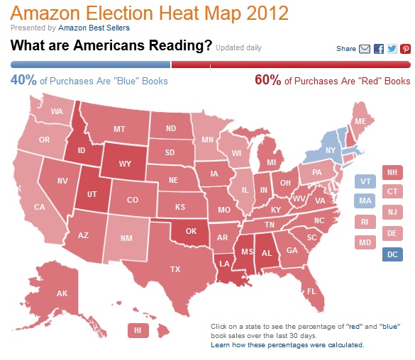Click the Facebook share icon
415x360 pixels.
tap(379, 49)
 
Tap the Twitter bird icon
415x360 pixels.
tap(392, 49)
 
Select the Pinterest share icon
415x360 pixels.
tap(405, 49)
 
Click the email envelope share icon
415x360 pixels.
tap(365, 49)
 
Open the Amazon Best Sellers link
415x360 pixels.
tap(94, 28)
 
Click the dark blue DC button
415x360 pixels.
tap(392, 254)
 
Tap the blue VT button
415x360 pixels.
tap(365, 181)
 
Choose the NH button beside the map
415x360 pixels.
tap(392, 172)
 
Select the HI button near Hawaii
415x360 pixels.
tap(138, 330)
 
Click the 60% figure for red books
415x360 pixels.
tap(267, 80)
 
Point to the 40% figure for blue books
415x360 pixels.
tap(23, 80)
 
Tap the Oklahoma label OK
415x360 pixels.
tap(191, 231)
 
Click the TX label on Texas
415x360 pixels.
tap(175, 269)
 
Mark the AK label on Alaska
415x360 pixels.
tap(62, 293)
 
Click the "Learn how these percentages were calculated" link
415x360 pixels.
tap(287, 345)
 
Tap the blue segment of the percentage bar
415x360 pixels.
tap(91, 64)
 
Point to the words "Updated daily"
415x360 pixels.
tap(239, 47)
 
